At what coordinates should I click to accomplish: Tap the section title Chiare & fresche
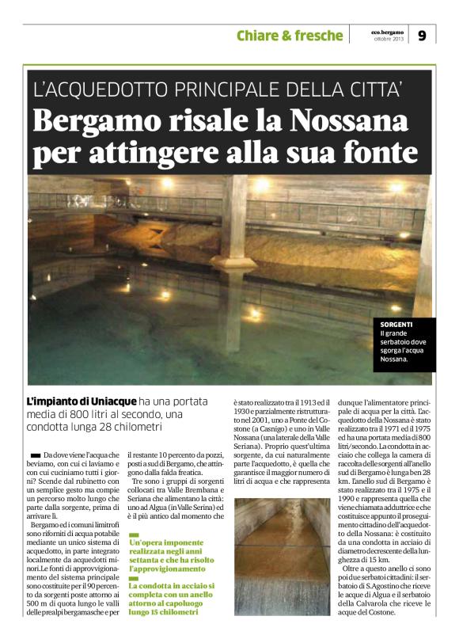click(x=290, y=36)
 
